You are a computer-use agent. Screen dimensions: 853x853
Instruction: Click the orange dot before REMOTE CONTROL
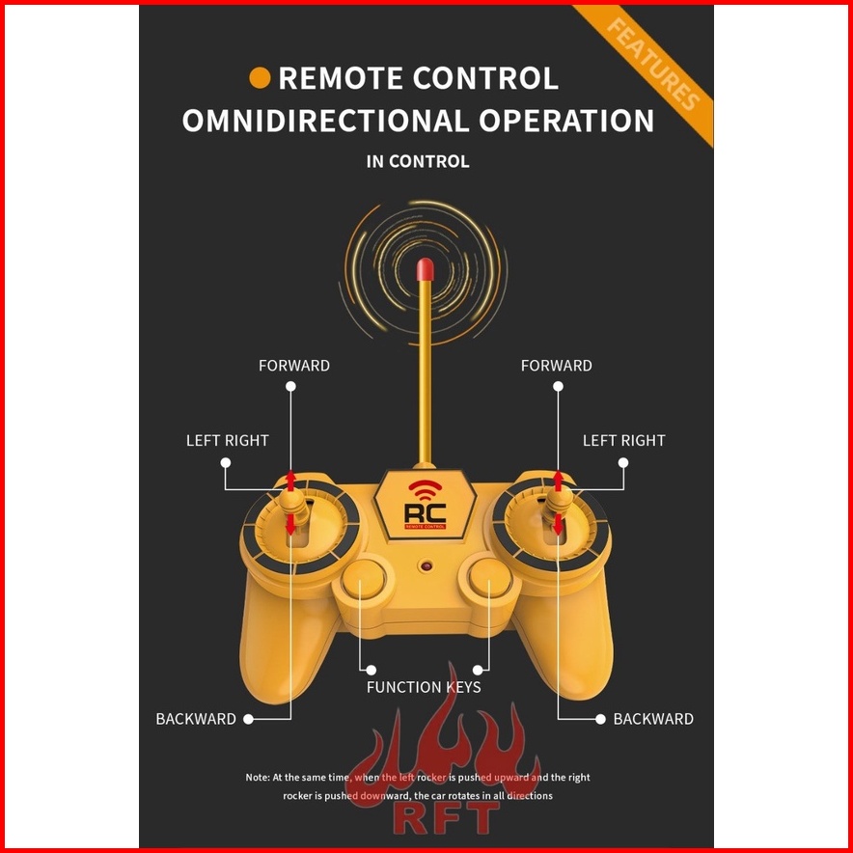tap(259, 78)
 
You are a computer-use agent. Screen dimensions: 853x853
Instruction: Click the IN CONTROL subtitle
tap(418, 161)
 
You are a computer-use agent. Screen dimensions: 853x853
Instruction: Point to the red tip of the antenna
tap(423, 270)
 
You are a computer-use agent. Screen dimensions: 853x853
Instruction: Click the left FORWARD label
tap(293, 366)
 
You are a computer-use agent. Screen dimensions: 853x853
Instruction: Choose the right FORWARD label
tap(556, 366)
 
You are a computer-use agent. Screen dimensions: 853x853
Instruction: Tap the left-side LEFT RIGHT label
tap(227, 440)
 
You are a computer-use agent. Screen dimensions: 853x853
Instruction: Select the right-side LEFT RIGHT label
tap(623, 440)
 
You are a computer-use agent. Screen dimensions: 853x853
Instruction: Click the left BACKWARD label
tap(196, 719)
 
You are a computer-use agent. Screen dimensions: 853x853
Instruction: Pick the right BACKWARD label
tap(653, 719)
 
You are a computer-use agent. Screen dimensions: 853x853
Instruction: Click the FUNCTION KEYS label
tap(424, 687)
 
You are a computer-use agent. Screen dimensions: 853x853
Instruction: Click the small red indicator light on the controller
tap(425, 566)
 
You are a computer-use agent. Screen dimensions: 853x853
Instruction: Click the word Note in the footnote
tap(257, 777)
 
